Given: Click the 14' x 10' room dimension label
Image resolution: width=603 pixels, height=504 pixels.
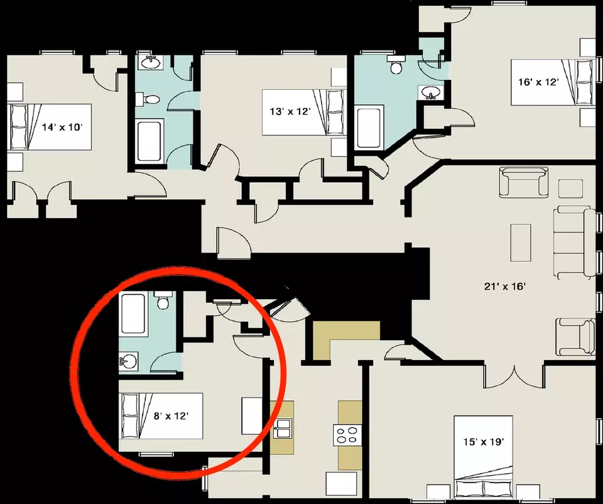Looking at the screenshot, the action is point(62,127).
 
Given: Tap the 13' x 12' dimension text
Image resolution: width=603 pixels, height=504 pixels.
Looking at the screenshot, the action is point(290,112).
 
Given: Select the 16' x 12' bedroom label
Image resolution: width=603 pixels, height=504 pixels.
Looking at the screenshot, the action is point(538,82).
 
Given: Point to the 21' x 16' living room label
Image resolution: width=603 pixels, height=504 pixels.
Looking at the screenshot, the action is point(504,286).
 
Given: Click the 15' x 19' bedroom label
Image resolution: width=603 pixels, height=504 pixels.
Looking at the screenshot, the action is point(484,442).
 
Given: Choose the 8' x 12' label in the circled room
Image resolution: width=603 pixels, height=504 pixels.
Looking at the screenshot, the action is point(171,416).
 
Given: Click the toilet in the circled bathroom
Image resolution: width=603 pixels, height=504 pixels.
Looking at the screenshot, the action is point(163,300).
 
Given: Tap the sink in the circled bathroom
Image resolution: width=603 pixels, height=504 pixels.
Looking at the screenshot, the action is point(128,361).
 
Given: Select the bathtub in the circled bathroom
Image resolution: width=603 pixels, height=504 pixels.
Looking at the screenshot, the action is point(133,314).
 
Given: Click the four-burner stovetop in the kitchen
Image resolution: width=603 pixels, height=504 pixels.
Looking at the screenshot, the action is point(347,435).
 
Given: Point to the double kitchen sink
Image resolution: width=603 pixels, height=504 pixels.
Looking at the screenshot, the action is point(283,429).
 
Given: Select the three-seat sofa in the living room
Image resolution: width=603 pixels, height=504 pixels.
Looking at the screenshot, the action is point(574,243).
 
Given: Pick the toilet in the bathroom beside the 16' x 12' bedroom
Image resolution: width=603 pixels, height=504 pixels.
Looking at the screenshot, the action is point(396,65).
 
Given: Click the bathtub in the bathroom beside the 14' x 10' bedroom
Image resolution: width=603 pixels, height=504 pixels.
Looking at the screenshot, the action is point(149,141).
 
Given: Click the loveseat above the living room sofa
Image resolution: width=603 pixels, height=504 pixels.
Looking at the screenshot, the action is point(524,182).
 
